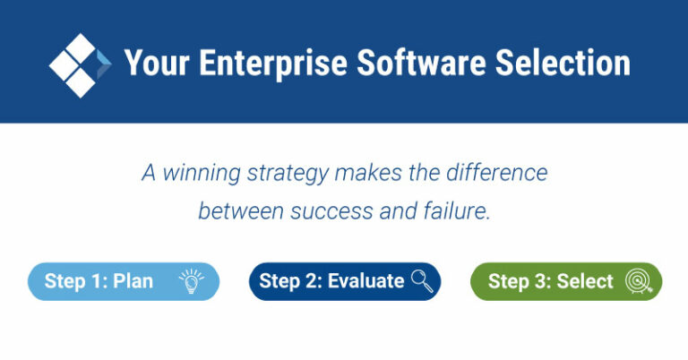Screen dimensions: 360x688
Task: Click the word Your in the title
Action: click(x=154, y=64)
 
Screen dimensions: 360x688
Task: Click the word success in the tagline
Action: click(x=308, y=212)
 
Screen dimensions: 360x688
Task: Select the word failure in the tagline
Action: click(x=457, y=212)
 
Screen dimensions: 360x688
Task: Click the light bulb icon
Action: click(x=190, y=281)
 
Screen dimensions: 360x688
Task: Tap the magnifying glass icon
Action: click(x=422, y=281)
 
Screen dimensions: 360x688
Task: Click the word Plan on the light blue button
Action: click(x=133, y=281)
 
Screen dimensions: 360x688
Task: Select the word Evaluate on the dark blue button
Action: click(x=365, y=281)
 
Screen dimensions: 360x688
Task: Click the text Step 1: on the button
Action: click(x=76, y=281)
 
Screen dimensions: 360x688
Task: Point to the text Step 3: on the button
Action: click(x=520, y=281)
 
